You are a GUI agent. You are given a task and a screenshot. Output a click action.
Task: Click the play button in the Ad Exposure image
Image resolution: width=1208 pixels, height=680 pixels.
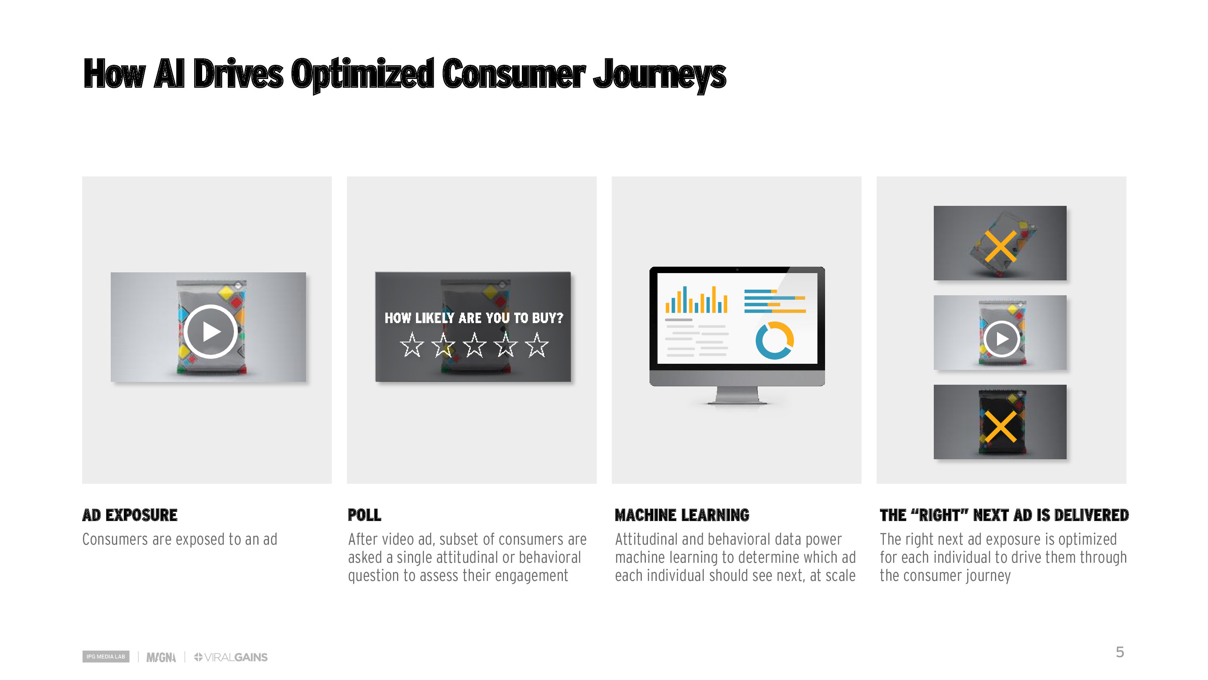210,331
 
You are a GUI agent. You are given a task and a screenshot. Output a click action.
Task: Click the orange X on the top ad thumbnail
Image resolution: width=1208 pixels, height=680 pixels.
1000,246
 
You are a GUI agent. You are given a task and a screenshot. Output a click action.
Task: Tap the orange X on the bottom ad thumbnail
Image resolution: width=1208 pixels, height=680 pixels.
1000,427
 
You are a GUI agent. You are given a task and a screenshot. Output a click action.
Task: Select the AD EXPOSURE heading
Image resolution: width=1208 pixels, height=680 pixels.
130,515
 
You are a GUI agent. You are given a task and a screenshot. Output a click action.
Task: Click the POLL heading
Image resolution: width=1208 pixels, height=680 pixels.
364,515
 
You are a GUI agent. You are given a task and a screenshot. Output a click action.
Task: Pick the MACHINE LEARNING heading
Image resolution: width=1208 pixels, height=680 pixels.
682,515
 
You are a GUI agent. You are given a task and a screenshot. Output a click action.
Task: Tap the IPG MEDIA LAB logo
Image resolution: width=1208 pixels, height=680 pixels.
106,657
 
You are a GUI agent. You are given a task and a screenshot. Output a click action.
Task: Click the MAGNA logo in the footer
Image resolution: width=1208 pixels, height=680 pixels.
161,657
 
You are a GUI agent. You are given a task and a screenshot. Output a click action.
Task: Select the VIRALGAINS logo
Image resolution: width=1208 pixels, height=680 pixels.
231,657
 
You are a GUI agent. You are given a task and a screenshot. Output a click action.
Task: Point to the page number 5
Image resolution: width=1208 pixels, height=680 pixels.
1120,652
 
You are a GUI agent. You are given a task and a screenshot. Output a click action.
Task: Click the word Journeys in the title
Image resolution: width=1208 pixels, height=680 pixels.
659,74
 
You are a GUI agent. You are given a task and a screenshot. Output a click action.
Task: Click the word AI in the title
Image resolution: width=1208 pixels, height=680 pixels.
169,73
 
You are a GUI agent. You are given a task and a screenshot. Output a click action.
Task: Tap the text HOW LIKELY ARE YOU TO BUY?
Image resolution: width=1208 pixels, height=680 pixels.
474,318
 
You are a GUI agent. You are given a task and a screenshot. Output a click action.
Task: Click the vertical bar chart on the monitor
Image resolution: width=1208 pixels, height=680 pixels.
696,299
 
